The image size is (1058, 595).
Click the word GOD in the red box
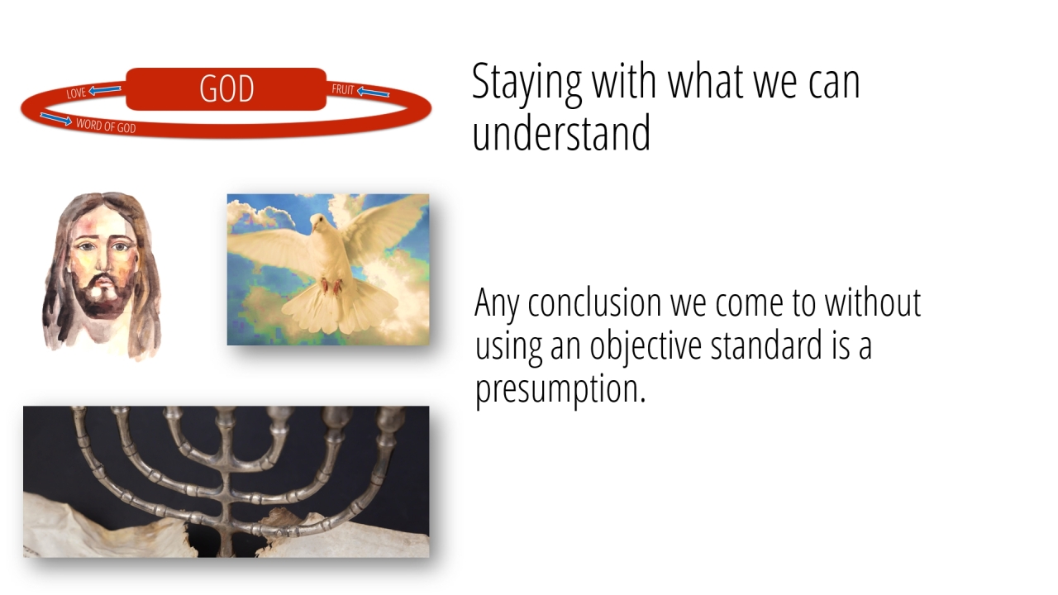click(226, 88)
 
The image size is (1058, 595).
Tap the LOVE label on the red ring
click(76, 93)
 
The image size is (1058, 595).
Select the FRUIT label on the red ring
click(343, 89)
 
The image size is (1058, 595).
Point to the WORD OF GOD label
click(106, 126)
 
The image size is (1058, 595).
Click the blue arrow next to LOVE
click(105, 89)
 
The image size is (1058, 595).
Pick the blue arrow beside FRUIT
click(373, 92)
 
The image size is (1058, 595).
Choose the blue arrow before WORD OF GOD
click(55, 119)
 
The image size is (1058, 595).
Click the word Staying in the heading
click(527, 83)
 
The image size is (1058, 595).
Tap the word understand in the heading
click(561, 134)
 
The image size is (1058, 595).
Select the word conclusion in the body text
click(594, 302)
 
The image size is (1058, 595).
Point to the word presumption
click(560, 389)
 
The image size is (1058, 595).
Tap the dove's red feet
click(331, 285)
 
